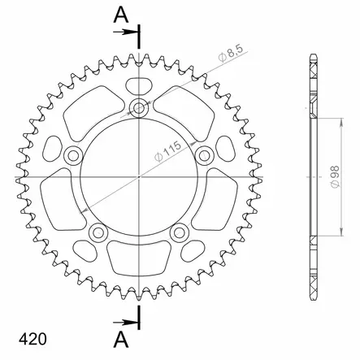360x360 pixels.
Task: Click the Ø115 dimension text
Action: click(167, 151)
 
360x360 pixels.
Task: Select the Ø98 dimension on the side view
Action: click(335, 176)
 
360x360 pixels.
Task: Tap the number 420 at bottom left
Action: click(33, 339)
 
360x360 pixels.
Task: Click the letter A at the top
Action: click(121, 15)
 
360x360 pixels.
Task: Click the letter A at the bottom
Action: click(121, 340)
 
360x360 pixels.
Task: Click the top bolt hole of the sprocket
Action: click(139, 108)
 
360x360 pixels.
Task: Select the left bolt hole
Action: click(73, 156)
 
